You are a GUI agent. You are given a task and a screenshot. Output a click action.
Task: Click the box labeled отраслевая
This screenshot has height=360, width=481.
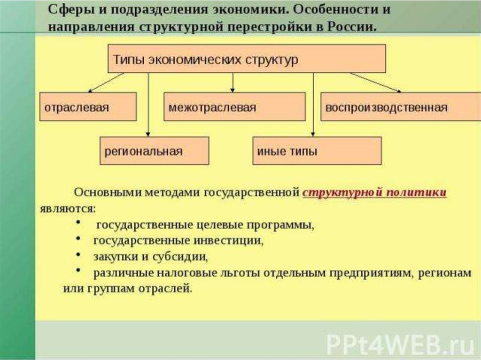coord(88,107)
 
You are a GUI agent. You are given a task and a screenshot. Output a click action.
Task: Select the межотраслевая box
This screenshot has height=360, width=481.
coord(235,107)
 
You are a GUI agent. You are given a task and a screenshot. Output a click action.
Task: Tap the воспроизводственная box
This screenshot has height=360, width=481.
coord(401,107)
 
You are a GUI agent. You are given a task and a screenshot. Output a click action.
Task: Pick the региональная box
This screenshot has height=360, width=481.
coord(154,151)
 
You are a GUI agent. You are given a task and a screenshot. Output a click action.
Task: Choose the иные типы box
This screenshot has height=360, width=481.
coord(317,151)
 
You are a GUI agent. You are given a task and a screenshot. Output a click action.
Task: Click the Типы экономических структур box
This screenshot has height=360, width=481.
coord(247,59)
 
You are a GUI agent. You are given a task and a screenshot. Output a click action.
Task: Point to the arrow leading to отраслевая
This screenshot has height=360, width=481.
coord(106,83)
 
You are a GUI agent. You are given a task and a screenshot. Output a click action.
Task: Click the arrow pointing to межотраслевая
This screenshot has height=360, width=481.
coord(233,83)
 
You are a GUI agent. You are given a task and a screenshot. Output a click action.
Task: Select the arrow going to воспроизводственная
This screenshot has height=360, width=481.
coord(375,83)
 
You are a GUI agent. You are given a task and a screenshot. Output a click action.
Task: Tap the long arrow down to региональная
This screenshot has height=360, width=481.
coord(148,105)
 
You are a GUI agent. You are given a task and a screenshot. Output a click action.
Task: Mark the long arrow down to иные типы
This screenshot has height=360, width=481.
coord(313,105)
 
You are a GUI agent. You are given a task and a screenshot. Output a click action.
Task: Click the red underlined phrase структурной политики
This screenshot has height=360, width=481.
coord(374,192)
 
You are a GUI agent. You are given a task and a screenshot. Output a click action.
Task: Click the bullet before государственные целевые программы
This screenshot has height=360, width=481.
coord(78,222)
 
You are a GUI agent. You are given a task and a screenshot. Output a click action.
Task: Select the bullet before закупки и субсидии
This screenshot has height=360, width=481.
coord(78,254)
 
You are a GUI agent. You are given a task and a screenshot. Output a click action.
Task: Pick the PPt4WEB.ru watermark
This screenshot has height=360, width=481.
coord(400,345)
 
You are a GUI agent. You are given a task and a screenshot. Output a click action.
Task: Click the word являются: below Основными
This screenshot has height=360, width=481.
coord(68,209)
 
